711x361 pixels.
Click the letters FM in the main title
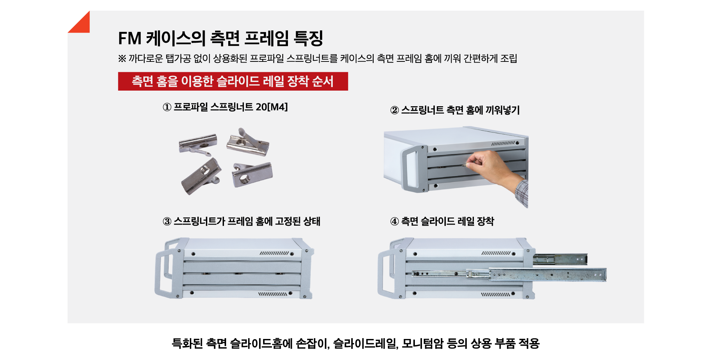pyautogui.click(x=130, y=38)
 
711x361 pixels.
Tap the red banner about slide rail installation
pyautogui.click(x=233, y=81)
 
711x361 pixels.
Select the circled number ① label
pyautogui.click(x=167, y=107)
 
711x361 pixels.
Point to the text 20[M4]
pyautogui.click(x=272, y=107)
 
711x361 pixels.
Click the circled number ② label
pyautogui.click(x=395, y=110)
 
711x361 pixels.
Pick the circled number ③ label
pyautogui.click(x=167, y=221)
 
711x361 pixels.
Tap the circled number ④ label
pyautogui.click(x=395, y=221)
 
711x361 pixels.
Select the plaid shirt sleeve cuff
pyautogui.click(x=522, y=194)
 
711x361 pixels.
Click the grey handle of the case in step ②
pyautogui.click(x=414, y=168)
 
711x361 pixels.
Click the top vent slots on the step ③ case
pyautogui.click(x=274, y=253)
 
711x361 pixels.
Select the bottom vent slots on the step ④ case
pyautogui.click(x=495, y=295)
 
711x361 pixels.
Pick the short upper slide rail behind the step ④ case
pyautogui.click(x=560, y=259)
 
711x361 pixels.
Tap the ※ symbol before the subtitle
pyautogui.click(x=122, y=59)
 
